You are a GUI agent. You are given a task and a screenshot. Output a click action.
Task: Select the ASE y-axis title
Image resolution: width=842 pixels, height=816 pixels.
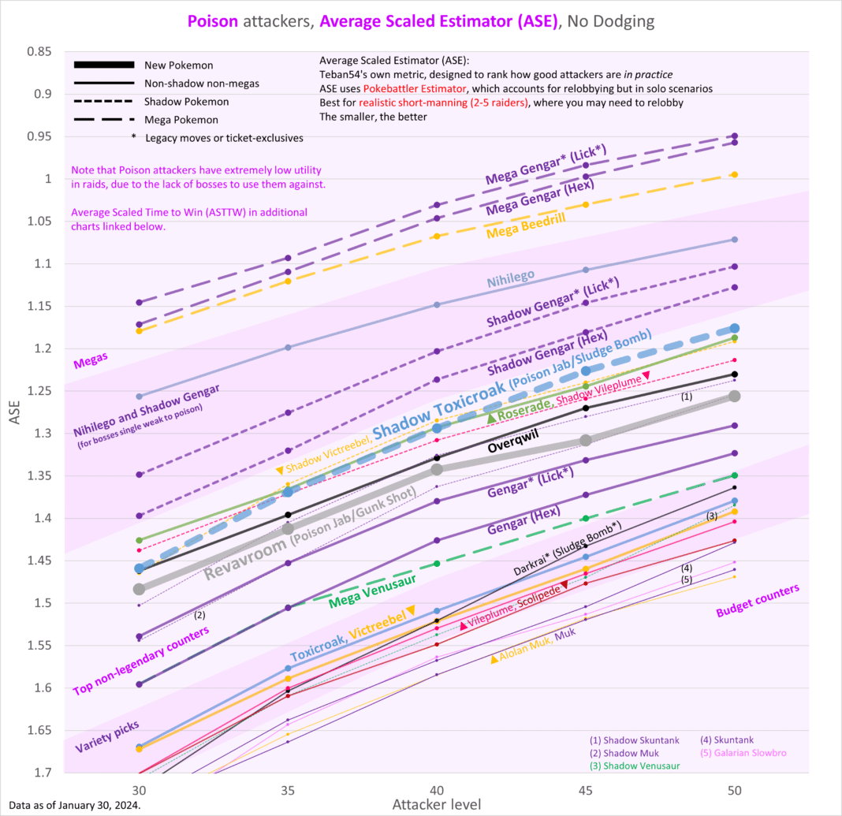click(16, 413)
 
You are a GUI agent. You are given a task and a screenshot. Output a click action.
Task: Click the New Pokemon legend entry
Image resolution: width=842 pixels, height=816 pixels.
click(179, 65)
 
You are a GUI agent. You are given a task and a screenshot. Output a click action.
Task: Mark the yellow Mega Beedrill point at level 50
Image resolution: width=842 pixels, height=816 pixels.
click(734, 174)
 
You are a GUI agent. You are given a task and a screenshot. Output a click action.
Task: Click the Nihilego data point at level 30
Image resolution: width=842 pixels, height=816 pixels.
click(140, 397)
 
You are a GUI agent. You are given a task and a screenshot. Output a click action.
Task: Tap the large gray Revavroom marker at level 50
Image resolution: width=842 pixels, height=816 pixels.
click(734, 396)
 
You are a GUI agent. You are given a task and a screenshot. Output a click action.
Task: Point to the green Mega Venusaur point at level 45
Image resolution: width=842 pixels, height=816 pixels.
click(585, 518)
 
